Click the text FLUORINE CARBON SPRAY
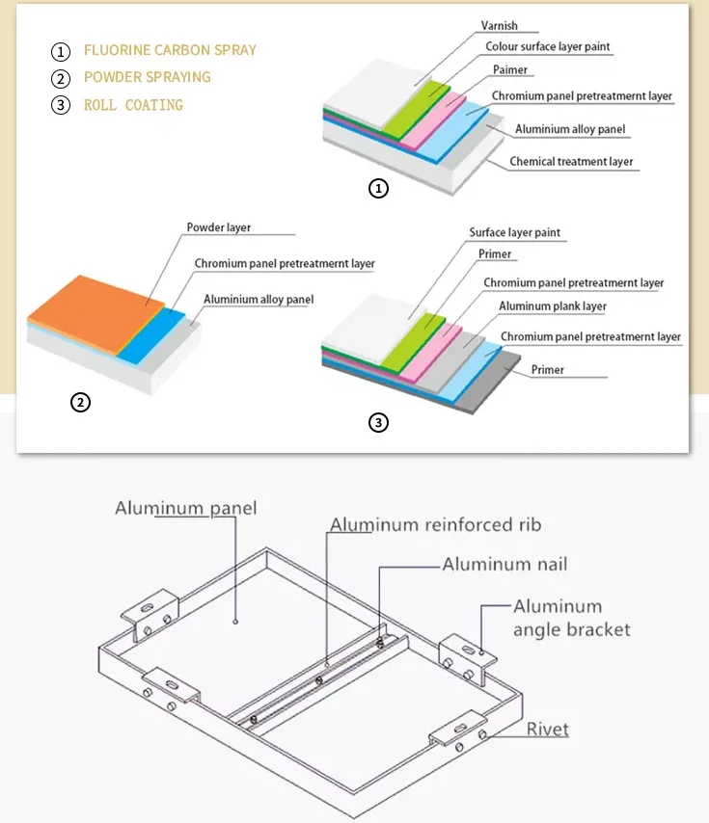(170, 50)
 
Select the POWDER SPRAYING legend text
(147, 77)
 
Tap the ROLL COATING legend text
(133, 104)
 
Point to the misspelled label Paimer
(510, 69)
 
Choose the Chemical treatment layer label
(571, 161)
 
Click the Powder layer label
(218, 228)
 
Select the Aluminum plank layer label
(552, 306)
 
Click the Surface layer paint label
(514, 233)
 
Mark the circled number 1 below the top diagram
(379, 189)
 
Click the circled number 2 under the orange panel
(81, 403)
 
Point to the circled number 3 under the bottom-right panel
(379, 422)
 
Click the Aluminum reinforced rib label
(435, 525)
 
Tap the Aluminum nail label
(504, 565)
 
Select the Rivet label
(547, 730)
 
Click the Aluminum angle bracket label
(571, 618)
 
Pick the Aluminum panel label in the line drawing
(186, 508)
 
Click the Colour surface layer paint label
(547, 46)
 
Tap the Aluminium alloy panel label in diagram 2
(259, 300)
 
